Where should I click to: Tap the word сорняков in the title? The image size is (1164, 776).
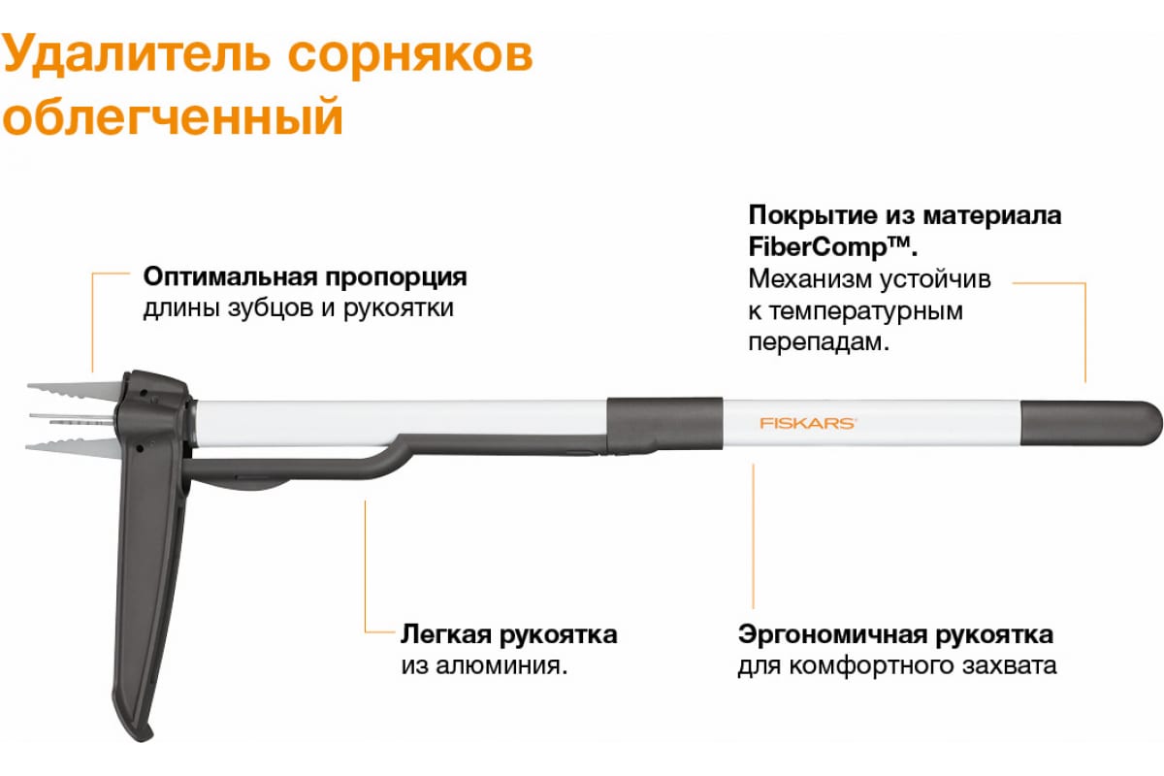(410, 55)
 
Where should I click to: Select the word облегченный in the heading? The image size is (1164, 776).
(173, 116)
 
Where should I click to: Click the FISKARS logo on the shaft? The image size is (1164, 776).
(807, 423)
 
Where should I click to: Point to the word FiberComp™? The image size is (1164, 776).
(832, 246)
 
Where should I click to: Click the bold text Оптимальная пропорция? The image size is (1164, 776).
(305, 277)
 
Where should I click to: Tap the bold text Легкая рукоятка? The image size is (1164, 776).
(508, 635)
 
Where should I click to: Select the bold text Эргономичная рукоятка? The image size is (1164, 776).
(895, 635)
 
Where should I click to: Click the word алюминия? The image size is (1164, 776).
(502, 665)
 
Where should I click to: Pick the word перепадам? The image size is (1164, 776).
(819, 343)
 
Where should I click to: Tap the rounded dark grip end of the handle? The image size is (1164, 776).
(1090, 423)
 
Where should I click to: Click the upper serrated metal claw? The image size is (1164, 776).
(73, 390)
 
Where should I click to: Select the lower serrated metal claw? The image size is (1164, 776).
(72, 447)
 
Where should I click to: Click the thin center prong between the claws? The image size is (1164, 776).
(70, 417)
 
